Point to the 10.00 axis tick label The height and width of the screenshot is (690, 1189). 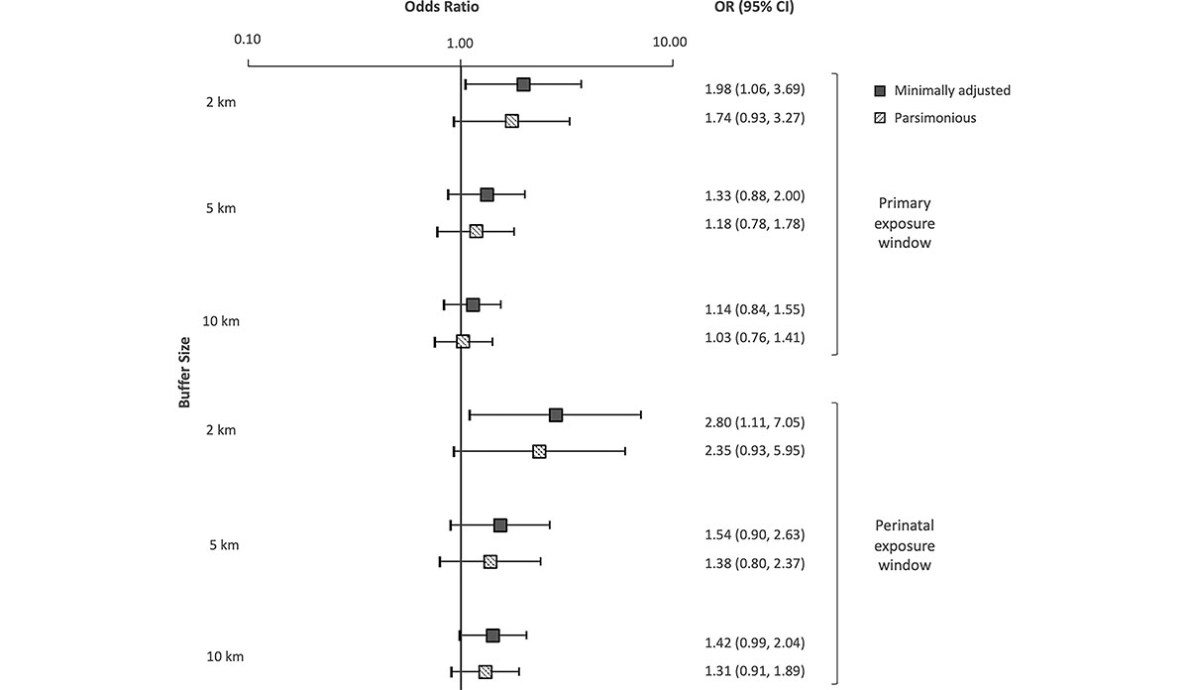click(670, 42)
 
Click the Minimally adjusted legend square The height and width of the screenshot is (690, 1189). click(879, 90)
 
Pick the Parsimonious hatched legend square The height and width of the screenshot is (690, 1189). click(879, 118)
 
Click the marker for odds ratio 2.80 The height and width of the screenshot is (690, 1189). click(556, 414)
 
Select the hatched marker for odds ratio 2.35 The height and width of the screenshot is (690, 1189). click(539, 451)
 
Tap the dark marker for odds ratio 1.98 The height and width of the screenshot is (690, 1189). click(523, 85)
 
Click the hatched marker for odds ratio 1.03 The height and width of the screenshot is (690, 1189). click(463, 341)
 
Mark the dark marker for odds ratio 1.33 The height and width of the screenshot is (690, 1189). click(486, 194)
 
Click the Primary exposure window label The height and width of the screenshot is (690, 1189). click(905, 222)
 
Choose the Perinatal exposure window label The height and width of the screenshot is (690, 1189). click(905, 545)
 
